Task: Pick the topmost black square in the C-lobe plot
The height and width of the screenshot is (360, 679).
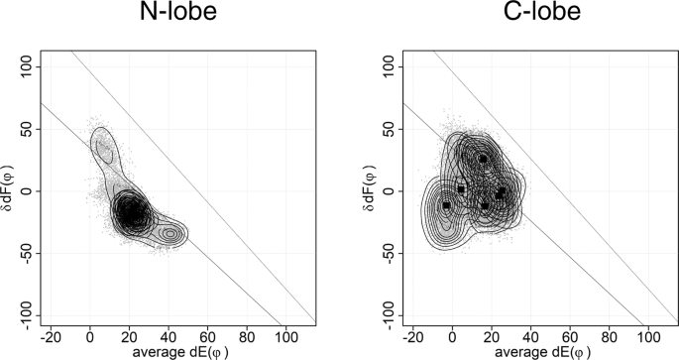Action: click(x=483, y=159)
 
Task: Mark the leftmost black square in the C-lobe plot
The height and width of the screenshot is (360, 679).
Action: click(x=446, y=205)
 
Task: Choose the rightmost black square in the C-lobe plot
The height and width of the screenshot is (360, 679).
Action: click(x=501, y=192)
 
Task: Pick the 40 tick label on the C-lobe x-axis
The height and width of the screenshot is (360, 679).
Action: click(x=530, y=335)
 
